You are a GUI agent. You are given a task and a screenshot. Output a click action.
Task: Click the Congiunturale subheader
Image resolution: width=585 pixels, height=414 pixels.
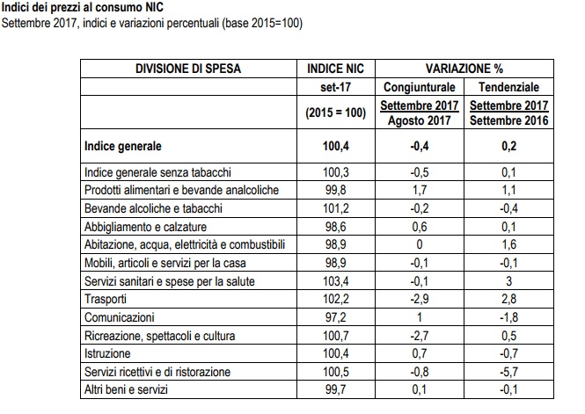[420, 87]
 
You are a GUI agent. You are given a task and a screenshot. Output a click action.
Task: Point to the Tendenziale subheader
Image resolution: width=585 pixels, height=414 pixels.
[508, 87]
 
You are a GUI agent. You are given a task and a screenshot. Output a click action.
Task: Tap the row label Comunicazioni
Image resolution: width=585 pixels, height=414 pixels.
[120, 317]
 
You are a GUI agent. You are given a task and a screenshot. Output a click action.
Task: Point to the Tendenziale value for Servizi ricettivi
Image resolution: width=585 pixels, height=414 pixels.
[508, 372]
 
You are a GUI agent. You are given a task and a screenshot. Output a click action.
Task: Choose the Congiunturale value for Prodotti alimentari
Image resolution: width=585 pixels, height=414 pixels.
[420, 190]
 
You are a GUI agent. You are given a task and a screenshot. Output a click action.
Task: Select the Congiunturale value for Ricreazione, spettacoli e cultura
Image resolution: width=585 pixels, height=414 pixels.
[420, 336]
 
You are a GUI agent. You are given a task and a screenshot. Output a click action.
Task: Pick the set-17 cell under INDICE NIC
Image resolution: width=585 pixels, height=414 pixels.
[336, 87]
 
